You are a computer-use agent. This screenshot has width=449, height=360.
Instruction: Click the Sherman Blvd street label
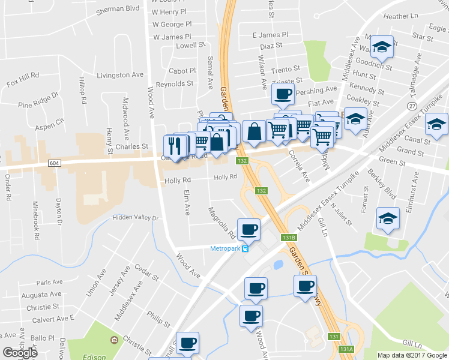tap(118, 8)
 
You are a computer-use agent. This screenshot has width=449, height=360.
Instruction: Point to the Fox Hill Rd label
tap(23, 76)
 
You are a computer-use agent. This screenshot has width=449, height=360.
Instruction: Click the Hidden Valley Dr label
tap(136, 218)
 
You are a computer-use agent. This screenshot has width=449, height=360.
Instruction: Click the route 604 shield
tap(54, 163)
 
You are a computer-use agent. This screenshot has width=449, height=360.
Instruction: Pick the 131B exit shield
tap(289, 237)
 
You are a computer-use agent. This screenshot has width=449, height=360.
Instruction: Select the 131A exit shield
tap(346, 349)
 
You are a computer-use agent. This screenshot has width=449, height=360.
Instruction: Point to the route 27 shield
tap(412, 106)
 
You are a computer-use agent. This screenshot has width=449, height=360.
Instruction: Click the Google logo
tap(20, 353)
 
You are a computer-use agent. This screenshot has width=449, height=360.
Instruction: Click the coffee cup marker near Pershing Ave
tap(283, 94)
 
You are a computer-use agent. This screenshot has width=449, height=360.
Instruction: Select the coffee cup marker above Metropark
tap(249, 229)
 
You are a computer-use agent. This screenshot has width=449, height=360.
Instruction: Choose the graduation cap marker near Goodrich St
tap(382, 46)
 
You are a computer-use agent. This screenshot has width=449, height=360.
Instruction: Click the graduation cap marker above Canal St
tap(436, 124)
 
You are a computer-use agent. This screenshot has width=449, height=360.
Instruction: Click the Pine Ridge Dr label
tap(38, 100)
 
